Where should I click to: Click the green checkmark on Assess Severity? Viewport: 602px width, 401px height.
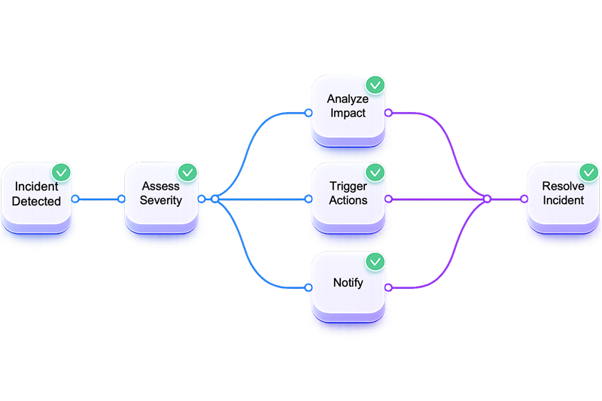pos(186,172)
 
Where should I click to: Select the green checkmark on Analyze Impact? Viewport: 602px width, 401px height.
pos(374,85)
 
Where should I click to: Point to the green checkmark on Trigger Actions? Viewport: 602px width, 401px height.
pos(374,172)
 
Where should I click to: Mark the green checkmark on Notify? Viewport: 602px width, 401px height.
pos(374,261)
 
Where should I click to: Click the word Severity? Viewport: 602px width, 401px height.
pos(160,201)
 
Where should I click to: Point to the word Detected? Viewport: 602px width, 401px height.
pos(37,202)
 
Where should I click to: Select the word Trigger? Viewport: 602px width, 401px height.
pos(348,186)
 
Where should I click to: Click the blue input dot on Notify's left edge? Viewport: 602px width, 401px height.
pos(309,287)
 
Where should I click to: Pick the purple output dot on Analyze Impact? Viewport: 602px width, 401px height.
pos(388,113)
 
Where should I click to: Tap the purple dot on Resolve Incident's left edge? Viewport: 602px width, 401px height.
pos(524,199)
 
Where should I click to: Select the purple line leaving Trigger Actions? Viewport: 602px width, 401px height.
pos(436,199)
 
